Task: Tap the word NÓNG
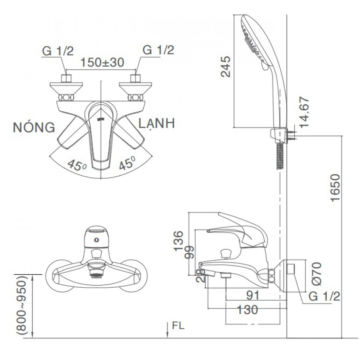tap(34, 127)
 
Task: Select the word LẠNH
tap(156, 123)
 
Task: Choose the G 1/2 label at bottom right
tap(324, 296)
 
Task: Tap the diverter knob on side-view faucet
tap(226, 253)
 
